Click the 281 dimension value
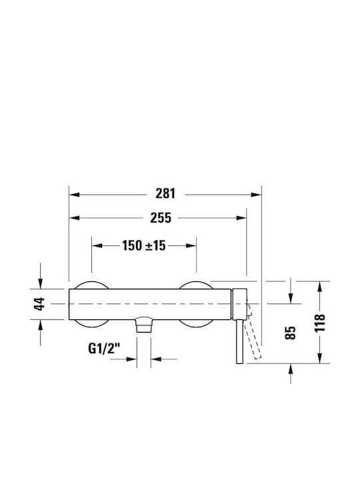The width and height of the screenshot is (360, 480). coord(165,194)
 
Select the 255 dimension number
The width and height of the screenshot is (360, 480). coord(161,218)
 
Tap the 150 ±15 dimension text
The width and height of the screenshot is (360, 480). coord(144,245)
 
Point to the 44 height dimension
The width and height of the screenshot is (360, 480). coord(39,304)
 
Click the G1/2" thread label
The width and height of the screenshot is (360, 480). coord(104,349)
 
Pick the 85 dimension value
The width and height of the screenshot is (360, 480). coord(291,333)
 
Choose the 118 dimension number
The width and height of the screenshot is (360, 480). coord(320,323)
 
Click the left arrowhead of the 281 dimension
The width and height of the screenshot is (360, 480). coord(75,195)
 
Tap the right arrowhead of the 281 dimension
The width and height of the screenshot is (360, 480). coord(256,195)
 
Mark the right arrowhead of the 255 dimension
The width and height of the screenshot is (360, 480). coord(241,218)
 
